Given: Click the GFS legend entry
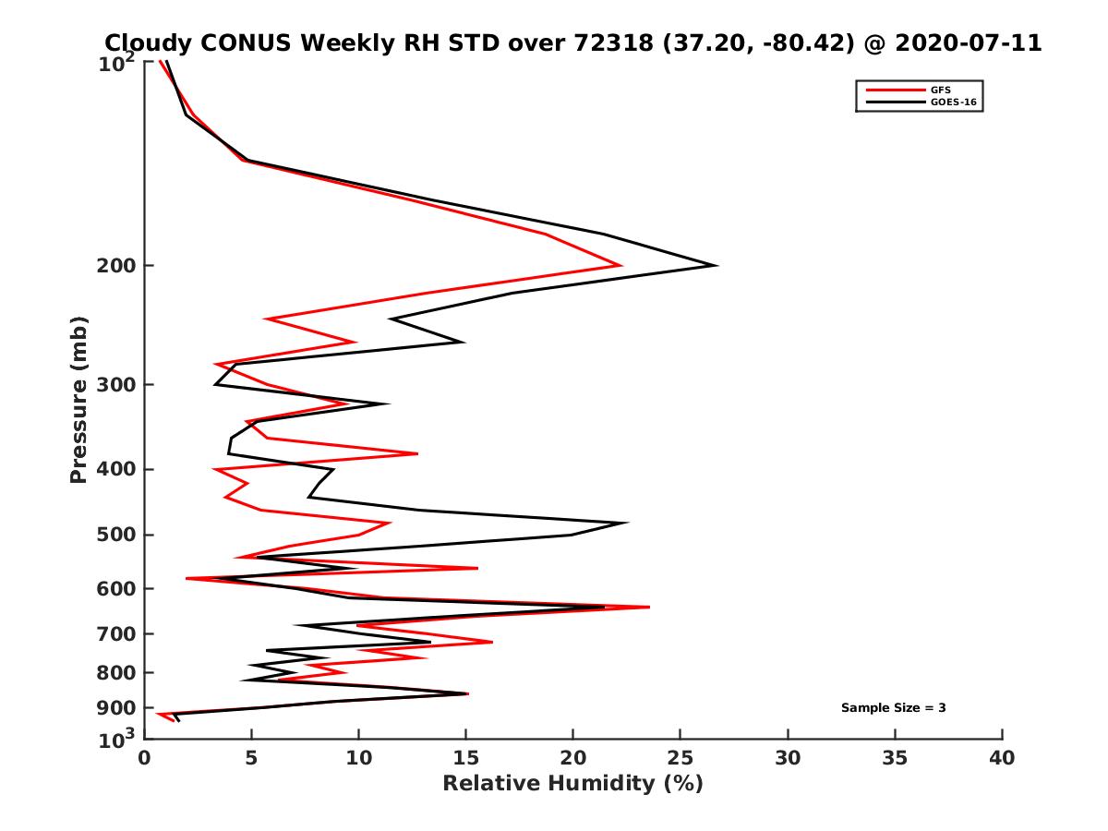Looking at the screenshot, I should click(941, 90).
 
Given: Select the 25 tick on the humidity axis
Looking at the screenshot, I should click(680, 759).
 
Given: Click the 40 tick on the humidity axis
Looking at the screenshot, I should click(1002, 759).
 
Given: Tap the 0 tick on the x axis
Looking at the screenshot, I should click(144, 759).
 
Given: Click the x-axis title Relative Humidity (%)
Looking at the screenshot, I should click(572, 784).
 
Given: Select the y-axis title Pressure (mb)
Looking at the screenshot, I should click(78, 400).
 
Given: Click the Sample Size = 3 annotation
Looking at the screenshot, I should click(893, 708).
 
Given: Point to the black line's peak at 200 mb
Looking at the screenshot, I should click(717, 266).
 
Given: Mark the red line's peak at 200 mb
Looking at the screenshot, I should click(620, 266).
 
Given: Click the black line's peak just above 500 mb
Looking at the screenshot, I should click(628, 523).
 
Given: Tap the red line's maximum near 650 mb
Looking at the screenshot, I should click(649, 607).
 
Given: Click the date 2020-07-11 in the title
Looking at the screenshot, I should click(965, 42).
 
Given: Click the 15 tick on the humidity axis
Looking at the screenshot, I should click(465, 759).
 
